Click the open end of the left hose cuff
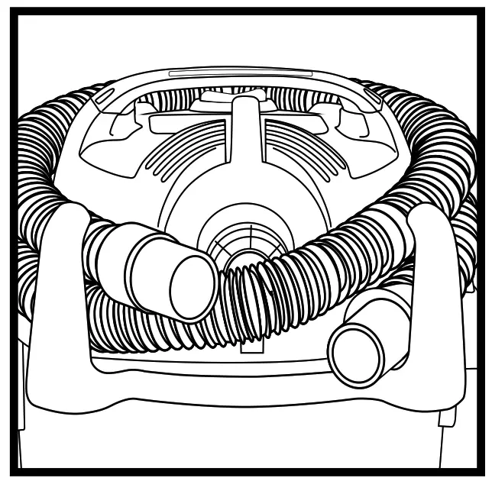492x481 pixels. tap(193, 287)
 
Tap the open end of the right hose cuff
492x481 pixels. tap(356, 354)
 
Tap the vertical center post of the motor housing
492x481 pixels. tap(246, 137)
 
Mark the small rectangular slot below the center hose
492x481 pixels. tap(248, 347)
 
